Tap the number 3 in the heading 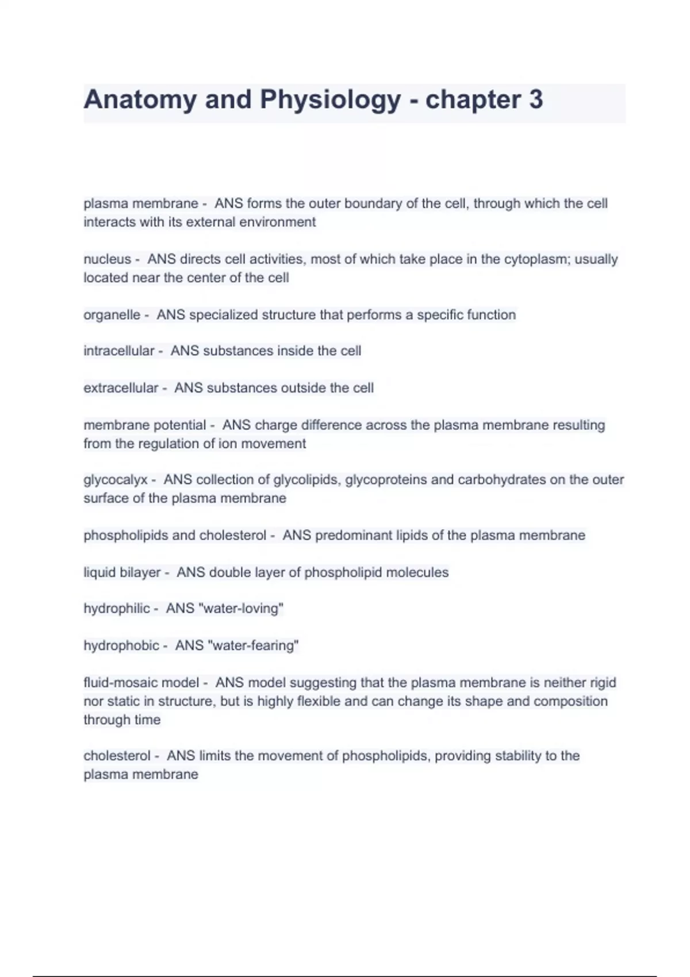(535, 99)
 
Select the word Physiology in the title (331, 99)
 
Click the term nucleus (107, 259)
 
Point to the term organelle (112, 315)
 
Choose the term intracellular (118, 351)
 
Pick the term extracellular (121, 388)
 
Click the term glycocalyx (116, 480)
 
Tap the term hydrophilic (117, 609)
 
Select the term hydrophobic (121, 645)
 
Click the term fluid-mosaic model (141, 683)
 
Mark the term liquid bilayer (122, 572)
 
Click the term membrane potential (144, 425)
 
